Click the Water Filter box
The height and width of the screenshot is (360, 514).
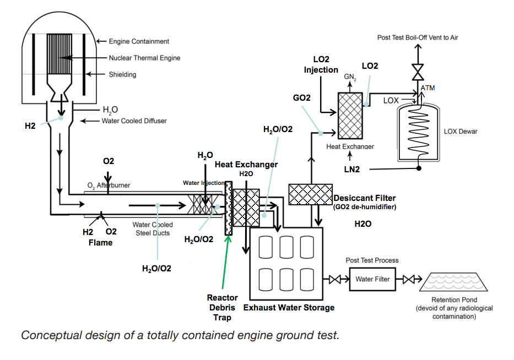pyautogui.click(x=372, y=279)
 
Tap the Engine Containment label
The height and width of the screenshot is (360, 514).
pyautogui.click(x=139, y=41)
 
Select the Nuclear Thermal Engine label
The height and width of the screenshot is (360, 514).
pyautogui.click(x=144, y=58)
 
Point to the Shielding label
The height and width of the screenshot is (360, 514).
pyautogui.click(x=122, y=74)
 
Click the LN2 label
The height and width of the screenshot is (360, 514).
pyautogui.click(x=351, y=169)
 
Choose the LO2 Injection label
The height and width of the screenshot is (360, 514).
pyautogui.click(x=321, y=65)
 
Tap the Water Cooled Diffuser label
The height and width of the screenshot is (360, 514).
pyautogui.click(x=134, y=121)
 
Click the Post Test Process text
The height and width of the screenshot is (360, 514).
pyautogui.click(x=372, y=260)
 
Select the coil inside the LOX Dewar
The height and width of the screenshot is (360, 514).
pyautogui.click(x=417, y=132)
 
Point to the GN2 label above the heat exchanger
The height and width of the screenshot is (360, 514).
pyautogui.click(x=349, y=78)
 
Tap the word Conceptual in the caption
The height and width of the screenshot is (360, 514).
pyautogui.click(x=47, y=335)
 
